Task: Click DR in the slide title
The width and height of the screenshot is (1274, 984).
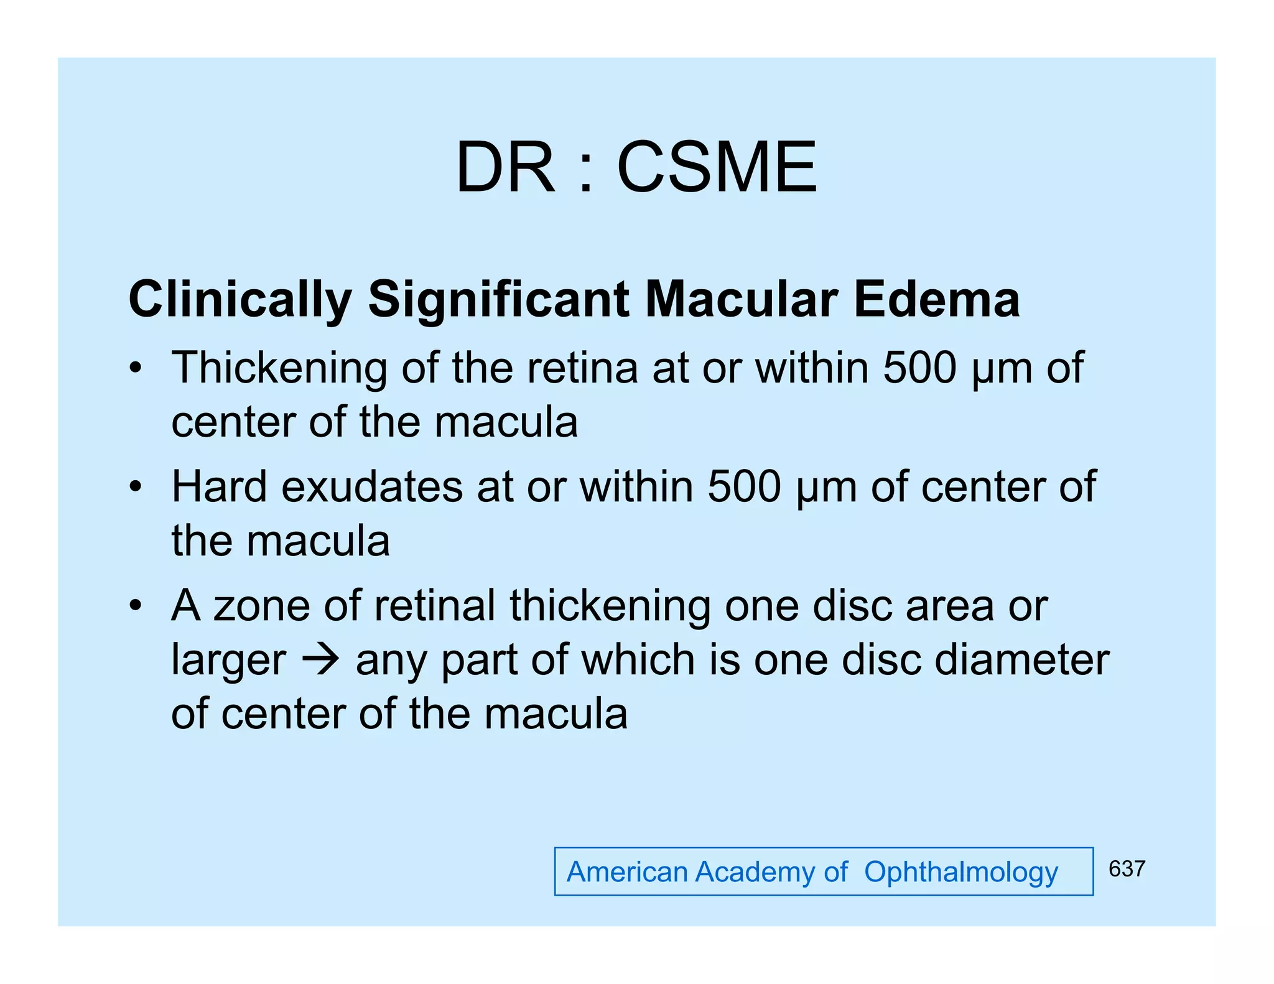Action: click(x=504, y=167)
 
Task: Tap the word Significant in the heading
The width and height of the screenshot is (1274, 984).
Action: click(x=498, y=299)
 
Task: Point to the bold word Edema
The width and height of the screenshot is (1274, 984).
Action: click(x=936, y=299)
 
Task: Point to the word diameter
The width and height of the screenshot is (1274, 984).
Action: click(x=1021, y=659)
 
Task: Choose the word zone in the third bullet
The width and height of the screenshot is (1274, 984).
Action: click(x=262, y=606)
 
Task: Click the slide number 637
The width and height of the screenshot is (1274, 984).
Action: click(x=1127, y=869)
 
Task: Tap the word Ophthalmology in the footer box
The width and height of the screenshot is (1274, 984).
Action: click(x=960, y=873)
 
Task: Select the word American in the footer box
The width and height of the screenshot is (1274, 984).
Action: click(x=626, y=872)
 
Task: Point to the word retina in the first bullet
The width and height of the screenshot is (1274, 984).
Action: click(x=582, y=368)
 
